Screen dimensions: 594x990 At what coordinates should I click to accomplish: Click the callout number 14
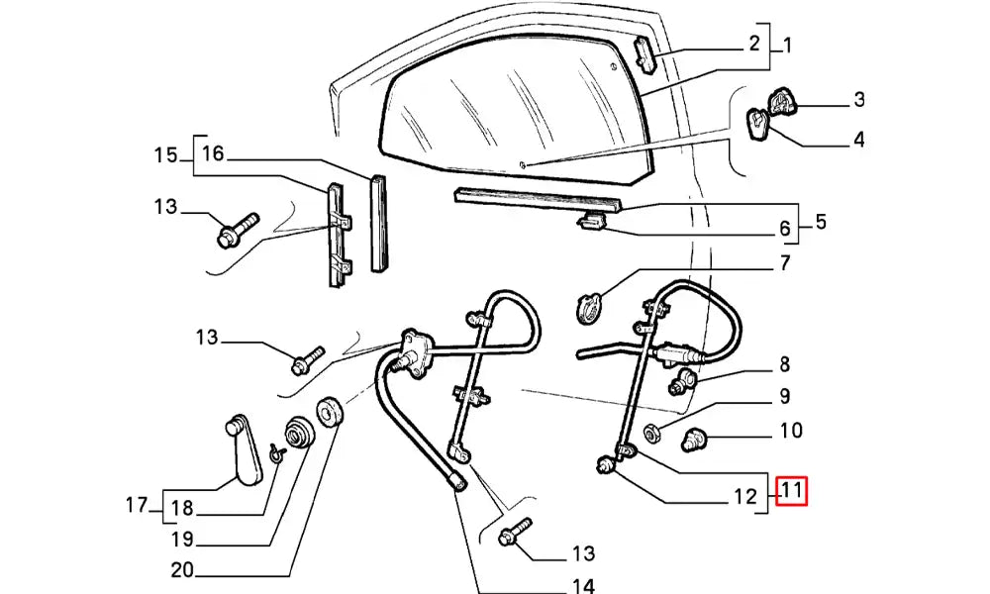584,586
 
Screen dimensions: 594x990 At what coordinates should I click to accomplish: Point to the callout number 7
783,263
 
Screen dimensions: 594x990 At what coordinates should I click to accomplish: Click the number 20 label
182,570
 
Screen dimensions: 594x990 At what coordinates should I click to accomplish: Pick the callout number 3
858,99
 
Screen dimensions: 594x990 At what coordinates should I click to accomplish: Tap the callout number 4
858,140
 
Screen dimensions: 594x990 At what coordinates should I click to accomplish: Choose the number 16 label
213,153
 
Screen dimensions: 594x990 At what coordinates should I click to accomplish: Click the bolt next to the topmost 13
236,229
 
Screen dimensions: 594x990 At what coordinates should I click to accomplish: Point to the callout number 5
821,222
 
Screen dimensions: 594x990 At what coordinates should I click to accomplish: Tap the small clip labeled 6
591,222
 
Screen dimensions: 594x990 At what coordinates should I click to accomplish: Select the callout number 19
182,541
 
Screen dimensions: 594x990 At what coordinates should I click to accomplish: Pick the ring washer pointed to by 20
328,412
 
